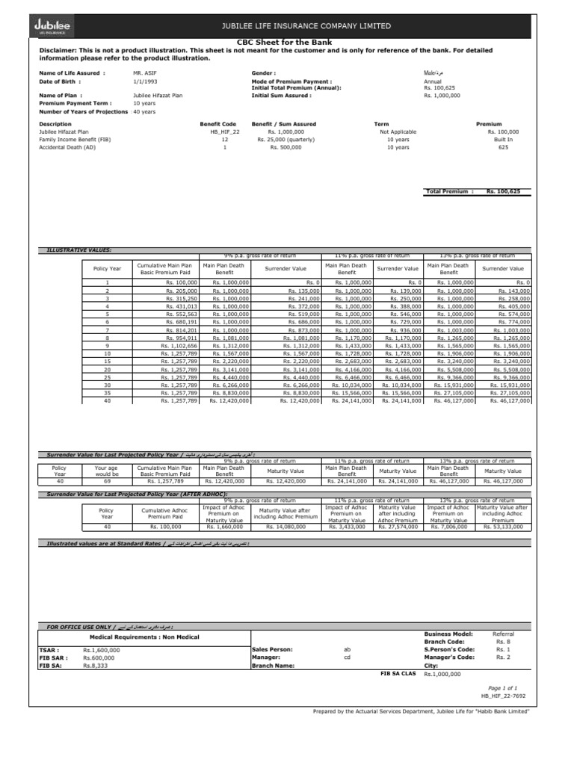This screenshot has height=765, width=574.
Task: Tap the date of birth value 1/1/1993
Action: (x=145, y=81)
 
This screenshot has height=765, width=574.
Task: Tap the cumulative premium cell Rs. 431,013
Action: (x=182, y=306)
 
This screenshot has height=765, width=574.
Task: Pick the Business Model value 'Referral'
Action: (x=504, y=634)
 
